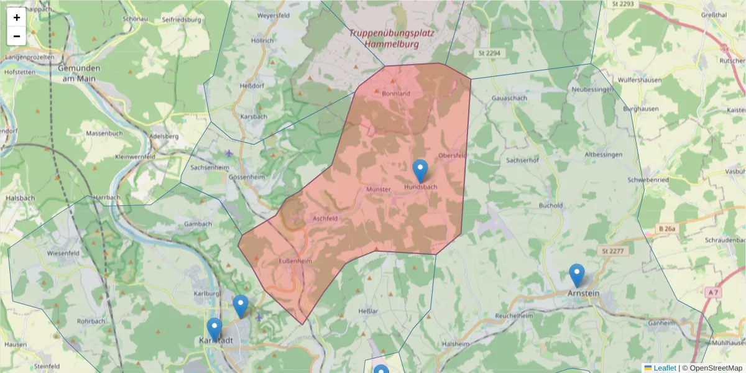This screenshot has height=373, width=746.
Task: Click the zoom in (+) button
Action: point(17,17)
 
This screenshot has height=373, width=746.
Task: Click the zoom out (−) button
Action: point(17,36)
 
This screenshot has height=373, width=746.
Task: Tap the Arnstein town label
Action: point(583,292)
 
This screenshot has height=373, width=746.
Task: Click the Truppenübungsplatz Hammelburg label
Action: point(391,39)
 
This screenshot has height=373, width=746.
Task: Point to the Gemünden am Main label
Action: point(79,73)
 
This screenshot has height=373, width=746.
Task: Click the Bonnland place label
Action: point(396,93)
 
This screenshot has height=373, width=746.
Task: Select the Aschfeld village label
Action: point(325,219)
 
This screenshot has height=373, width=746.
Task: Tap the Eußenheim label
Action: point(295,261)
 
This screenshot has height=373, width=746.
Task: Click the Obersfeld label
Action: point(452,155)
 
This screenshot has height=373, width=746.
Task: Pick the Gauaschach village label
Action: point(509,98)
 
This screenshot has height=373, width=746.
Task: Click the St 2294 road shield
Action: point(489,53)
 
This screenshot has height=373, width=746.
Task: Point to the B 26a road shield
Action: point(667,229)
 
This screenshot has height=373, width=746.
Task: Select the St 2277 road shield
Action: point(612,251)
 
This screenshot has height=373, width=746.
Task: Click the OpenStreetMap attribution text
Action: point(716,368)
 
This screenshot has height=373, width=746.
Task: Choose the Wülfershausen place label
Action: point(643,80)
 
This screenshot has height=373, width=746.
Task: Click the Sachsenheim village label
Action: point(210,168)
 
